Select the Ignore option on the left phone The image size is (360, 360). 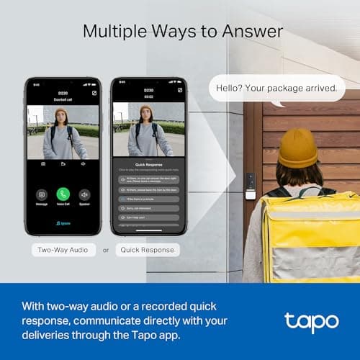point(63,223)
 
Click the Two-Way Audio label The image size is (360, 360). point(63,251)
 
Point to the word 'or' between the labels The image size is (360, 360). point(106,251)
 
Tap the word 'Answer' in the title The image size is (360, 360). point(246,31)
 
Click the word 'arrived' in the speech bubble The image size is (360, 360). point(317,89)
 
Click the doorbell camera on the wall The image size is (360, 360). point(250,185)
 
